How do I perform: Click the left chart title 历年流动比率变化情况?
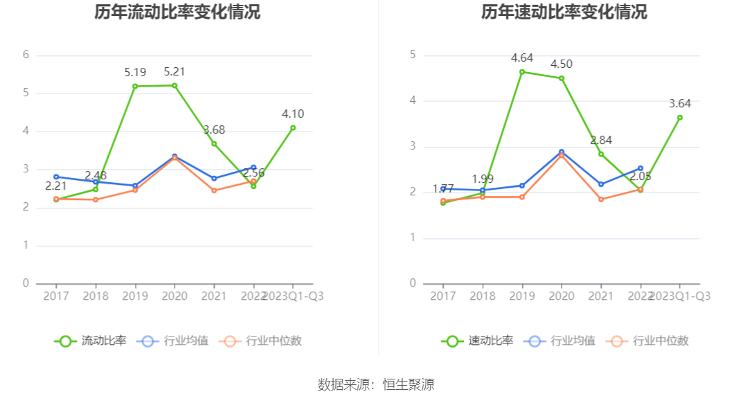coord(177,12)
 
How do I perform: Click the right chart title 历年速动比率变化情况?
coord(564,12)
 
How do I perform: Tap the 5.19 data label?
coord(135,72)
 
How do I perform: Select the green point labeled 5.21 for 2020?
coord(174,85)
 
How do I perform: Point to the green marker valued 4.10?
coord(293,127)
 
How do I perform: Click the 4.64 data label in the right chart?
coord(522,58)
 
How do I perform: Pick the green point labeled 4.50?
coord(562,78)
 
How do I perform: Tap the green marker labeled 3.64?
coord(680,118)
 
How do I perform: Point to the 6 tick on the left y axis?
coord(26,55)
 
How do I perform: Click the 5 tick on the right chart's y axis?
coord(413,55)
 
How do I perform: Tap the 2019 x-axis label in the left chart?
coord(135,296)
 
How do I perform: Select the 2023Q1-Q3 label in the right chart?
coord(680,296)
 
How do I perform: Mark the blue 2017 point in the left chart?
coord(56,177)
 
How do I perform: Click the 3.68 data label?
coord(214,130)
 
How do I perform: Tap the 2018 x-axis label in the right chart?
coord(483,296)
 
